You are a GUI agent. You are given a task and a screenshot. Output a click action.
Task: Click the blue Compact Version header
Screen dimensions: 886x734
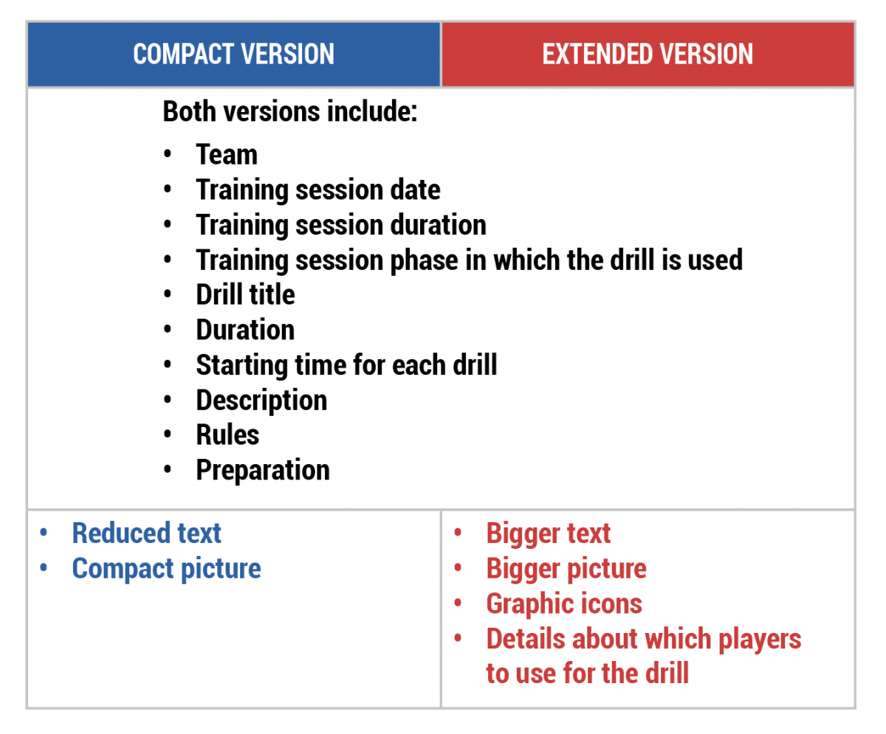pyautogui.click(x=234, y=55)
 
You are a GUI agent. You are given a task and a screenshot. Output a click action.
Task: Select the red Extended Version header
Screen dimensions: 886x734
pyautogui.click(x=648, y=55)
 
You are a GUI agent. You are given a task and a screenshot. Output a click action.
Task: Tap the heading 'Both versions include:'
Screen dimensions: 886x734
pyautogui.click(x=290, y=111)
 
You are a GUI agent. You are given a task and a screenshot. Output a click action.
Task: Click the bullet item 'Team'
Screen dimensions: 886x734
pyautogui.click(x=227, y=154)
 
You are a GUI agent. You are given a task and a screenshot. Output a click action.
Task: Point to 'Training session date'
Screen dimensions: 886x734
pyautogui.click(x=317, y=190)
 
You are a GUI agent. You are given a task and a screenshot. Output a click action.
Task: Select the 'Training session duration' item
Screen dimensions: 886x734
pyautogui.click(x=341, y=225)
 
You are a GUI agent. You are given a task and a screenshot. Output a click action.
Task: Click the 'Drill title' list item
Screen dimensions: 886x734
pyautogui.click(x=245, y=294)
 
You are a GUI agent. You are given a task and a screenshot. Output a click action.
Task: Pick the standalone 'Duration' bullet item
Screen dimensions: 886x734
pyautogui.click(x=245, y=330)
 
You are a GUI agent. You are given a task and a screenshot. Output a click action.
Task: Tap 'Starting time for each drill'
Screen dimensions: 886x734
pyautogui.click(x=346, y=365)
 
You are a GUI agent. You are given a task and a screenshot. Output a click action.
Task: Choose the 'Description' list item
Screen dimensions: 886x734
pyautogui.click(x=261, y=401)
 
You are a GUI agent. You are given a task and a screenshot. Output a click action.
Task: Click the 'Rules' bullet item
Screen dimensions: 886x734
pyautogui.click(x=227, y=435)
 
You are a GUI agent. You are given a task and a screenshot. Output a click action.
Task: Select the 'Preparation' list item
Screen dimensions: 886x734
pyautogui.click(x=263, y=471)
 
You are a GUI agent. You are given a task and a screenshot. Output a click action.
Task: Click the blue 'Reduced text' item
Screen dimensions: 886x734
pyautogui.click(x=146, y=533)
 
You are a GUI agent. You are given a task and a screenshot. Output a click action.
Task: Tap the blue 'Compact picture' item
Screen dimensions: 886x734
pyautogui.click(x=166, y=569)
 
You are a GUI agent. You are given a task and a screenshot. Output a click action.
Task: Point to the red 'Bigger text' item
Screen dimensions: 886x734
pyautogui.click(x=549, y=533)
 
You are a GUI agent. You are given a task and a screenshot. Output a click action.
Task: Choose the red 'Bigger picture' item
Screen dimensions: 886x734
pyautogui.click(x=566, y=569)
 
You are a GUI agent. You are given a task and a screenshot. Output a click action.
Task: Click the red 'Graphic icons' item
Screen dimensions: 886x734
pyautogui.click(x=564, y=604)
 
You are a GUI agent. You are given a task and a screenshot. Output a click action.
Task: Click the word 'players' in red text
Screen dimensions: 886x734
pyautogui.click(x=760, y=640)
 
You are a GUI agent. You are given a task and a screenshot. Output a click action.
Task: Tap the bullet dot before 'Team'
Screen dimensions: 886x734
pyautogui.click(x=168, y=154)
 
